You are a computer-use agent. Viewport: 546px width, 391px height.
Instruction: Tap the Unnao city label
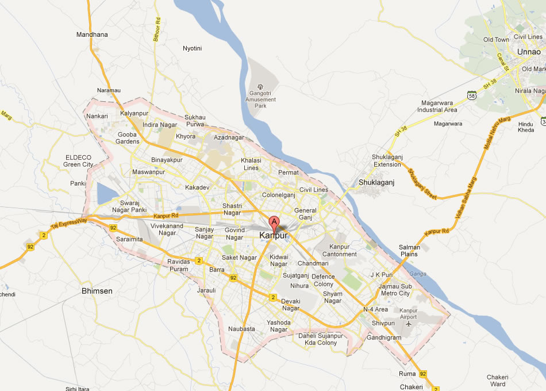coord(529,52)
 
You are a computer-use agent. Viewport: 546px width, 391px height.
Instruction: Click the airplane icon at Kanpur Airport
coord(409,323)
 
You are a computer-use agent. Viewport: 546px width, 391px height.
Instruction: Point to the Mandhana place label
coord(92,34)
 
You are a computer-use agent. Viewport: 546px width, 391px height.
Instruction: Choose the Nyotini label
coord(192,48)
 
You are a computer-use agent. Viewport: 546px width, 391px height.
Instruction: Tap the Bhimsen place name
coord(97,291)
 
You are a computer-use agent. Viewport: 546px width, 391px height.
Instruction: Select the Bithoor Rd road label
coord(156,29)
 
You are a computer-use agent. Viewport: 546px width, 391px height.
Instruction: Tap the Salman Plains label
coord(409,251)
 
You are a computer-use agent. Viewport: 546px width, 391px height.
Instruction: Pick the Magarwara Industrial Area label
coord(437,106)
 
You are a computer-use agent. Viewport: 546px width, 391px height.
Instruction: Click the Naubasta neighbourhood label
coord(241,329)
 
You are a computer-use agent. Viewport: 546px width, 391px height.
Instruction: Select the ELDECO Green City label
coord(78,160)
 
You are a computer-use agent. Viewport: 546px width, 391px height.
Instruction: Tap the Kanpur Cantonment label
coord(339,250)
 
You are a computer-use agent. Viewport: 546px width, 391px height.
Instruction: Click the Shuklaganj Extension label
coord(387,160)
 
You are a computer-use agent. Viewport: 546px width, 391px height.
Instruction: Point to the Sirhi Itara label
coord(77,389)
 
